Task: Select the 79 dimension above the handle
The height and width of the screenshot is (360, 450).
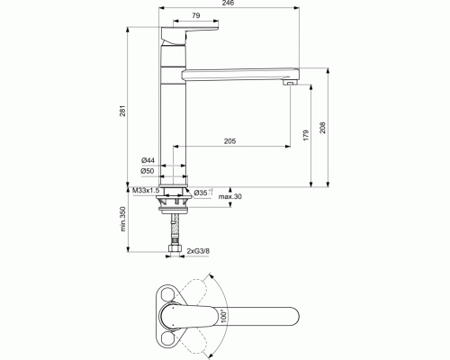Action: point(195,16)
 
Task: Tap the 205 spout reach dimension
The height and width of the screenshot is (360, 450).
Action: point(229,140)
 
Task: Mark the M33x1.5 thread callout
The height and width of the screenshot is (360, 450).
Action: point(146,191)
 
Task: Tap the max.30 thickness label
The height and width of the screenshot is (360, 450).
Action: point(230,197)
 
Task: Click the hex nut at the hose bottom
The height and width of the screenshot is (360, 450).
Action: point(174,247)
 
